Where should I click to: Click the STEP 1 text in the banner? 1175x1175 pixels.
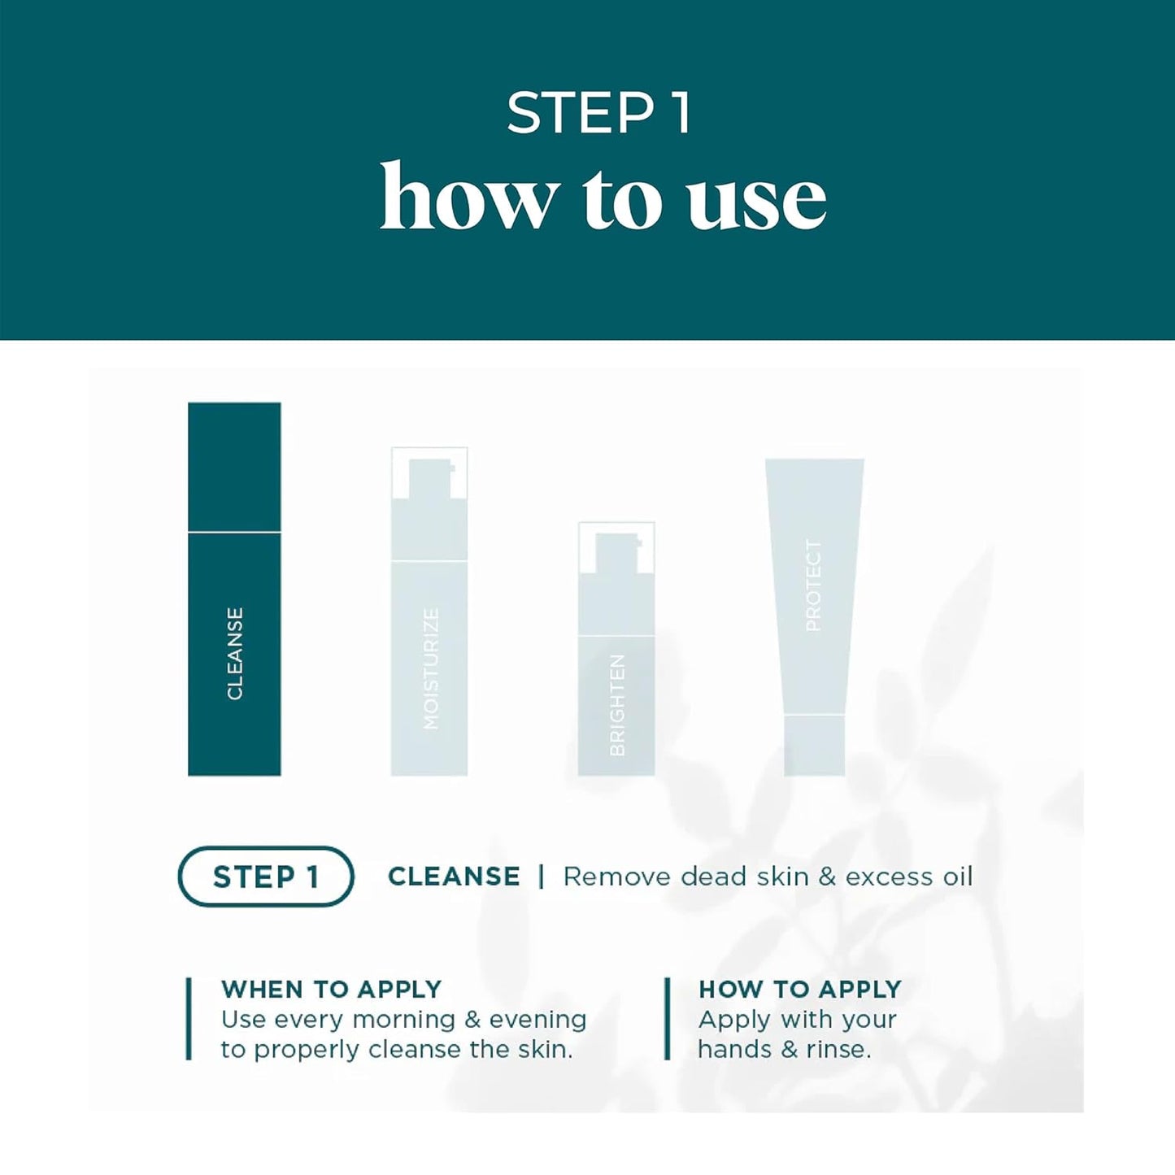(599, 113)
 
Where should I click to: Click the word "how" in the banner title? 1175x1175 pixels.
(468, 198)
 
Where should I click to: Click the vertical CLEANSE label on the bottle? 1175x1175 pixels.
(235, 653)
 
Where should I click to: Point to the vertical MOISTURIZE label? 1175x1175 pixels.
(430, 668)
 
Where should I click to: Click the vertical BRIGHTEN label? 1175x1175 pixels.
(617, 704)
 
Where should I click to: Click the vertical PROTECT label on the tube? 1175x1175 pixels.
(813, 585)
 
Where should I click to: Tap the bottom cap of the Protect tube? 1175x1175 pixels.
(814, 745)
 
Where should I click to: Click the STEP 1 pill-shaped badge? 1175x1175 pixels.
(265, 877)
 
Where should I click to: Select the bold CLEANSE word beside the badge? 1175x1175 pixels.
(454, 877)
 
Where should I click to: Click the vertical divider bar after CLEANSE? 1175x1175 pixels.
(542, 877)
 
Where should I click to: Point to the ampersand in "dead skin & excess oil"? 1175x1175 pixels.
(827, 877)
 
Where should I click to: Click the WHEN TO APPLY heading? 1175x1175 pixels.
(331, 989)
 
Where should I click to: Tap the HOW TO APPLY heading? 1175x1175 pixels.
(800, 989)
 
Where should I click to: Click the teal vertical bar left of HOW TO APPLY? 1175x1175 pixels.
(668, 1019)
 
